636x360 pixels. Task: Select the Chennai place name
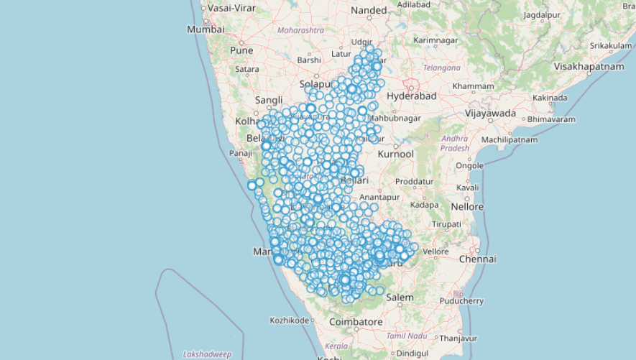(x=477, y=259)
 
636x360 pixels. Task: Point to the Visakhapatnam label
(x=589, y=66)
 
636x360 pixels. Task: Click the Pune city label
(x=241, y=51)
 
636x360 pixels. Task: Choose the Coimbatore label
(x=356, y=322)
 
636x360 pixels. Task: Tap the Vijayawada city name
(x=491, y=114)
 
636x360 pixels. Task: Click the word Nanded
(x=369, y=11)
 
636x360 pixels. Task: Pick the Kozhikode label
(x=290, y=320)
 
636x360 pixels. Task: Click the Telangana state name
(x=441, y=68)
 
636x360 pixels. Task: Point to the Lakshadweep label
(x=207, y=354)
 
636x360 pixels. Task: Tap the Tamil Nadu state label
(x=407, y=336)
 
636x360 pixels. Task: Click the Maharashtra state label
(x=300, y=30)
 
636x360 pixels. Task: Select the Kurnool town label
(x=396, y=154)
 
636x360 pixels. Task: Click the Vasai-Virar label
(x=231, y=8)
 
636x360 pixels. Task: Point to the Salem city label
(x=400, y=297)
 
